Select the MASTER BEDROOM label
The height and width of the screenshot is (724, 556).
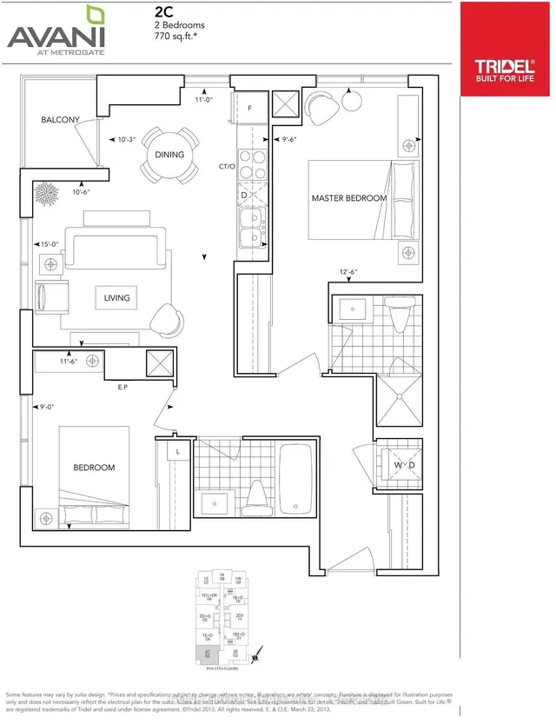349,198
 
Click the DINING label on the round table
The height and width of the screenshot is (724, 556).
169,155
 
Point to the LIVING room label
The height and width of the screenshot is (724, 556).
116,297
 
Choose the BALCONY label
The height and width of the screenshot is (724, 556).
58,120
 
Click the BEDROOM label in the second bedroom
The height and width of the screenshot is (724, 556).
94,468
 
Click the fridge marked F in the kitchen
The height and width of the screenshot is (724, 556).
250,109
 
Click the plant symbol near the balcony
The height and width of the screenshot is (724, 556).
44,189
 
